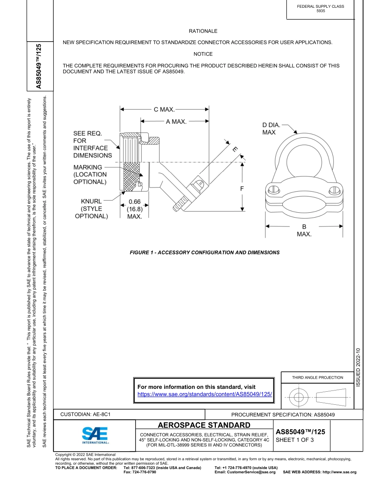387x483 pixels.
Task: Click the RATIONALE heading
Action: coord(203,31)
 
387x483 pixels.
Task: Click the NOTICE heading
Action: coord(203,54)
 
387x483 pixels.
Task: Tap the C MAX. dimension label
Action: coord(164,109)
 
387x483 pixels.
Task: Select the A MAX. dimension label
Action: coord(176,121)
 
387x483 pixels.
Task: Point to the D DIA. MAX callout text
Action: coord(271,129)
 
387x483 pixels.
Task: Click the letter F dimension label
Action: coord(242,189)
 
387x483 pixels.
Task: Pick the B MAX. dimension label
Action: coord(304,230)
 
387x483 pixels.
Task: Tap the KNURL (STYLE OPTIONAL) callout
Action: coord(91,209)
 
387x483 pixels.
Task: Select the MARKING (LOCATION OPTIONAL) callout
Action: coord(90,174)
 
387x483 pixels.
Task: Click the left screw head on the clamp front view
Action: coord(275,190)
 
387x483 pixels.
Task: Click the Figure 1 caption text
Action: coord(204,253)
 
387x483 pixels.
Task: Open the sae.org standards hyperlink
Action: coord(204,395)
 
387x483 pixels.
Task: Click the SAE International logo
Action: coord(95,435)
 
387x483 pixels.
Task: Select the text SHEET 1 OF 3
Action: coord(295,440)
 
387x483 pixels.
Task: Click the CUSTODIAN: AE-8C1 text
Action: coord(86,415)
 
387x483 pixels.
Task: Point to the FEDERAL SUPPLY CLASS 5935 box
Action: coord(320,9)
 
